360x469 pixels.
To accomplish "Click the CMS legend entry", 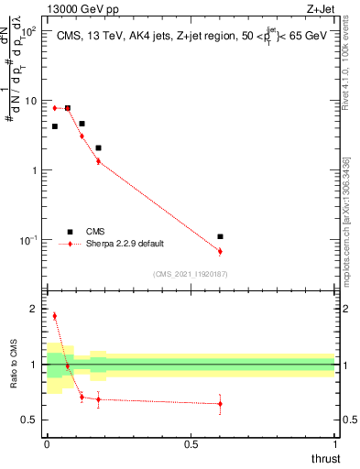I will click(95, 232).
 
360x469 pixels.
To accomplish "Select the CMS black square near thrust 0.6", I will click(220, 236).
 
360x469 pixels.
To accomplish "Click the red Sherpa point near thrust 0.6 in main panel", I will click(220, 251).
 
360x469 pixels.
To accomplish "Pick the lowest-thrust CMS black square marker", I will click(55, 126).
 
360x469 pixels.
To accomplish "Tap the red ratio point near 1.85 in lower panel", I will click(55, 316).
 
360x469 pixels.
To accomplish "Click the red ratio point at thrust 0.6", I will click(220, 403).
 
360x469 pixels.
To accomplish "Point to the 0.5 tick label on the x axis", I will click(191, 442).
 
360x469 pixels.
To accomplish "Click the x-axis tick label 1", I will click(334, 442).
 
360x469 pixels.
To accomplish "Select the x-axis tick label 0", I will click(47, 442).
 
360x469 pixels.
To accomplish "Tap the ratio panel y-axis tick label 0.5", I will click(29, 420).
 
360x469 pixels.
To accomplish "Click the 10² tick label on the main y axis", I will click(29, 30).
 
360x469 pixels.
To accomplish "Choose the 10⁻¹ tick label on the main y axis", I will click(27, 240).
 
